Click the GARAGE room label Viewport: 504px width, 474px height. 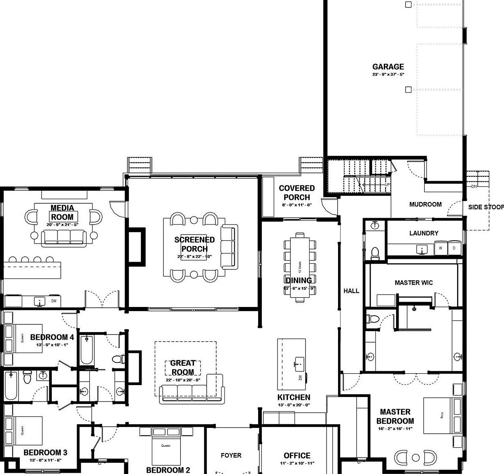(x=388, y=67)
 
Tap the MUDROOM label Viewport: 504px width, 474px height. (x=425, y=204)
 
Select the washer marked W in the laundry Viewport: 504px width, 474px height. (x=441, y=248)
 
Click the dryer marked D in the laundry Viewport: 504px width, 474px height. (x=454, y=248)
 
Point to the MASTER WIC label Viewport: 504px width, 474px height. (x=413, y=283)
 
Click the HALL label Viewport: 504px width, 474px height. (x=351, y=291)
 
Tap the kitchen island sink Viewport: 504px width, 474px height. (x=299, y=363)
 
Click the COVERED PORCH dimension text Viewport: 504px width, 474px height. (x=296, y=205)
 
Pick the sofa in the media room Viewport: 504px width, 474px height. (x=63, y=238)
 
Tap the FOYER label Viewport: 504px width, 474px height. (x=231, y=455)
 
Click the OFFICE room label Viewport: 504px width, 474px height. (x=297, y=455)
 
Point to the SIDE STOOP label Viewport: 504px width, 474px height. (x=485, y=207)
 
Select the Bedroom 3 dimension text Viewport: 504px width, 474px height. (x=45, y=460)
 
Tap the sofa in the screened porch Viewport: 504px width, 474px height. (x=229, y=245)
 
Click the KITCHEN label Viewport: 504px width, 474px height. (x=294, y=397)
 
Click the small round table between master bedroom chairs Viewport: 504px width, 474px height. (x=415, y=458)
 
